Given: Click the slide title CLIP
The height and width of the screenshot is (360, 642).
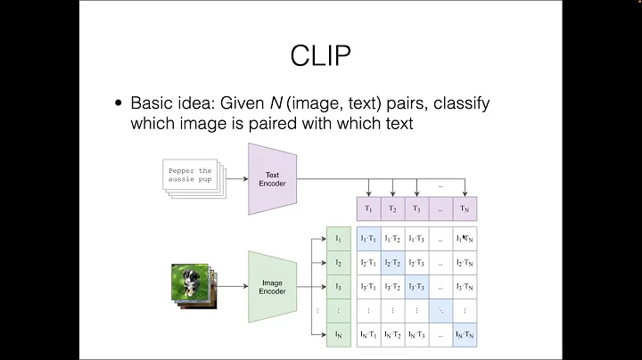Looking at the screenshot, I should (320, 55).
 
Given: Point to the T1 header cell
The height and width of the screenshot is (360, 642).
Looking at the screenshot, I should (368, 209).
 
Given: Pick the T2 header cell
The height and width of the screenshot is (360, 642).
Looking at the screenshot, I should (392, 209).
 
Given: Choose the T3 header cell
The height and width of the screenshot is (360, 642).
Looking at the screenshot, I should (416, 209).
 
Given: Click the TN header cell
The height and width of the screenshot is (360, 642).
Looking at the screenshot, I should (465, 209).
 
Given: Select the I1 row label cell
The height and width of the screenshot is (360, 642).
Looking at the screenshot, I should (338, 239).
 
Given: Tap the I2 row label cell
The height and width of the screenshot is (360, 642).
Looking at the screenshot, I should (338, 263).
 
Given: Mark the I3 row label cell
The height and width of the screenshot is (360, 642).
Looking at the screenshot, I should (338, 287).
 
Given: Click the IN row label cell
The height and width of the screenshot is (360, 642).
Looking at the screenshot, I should (338, 335).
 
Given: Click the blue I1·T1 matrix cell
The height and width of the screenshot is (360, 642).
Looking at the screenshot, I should (368, 239).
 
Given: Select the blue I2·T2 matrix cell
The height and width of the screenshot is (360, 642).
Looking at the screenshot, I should (392, 263).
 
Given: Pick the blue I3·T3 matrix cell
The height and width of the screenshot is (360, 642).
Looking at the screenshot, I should (416, 287).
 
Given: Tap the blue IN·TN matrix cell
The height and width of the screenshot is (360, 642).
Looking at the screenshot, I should (465, 335).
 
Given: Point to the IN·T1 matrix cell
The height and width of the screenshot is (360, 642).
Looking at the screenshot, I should (368, 335).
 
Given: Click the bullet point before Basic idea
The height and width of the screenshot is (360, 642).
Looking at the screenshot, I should (119, 104).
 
